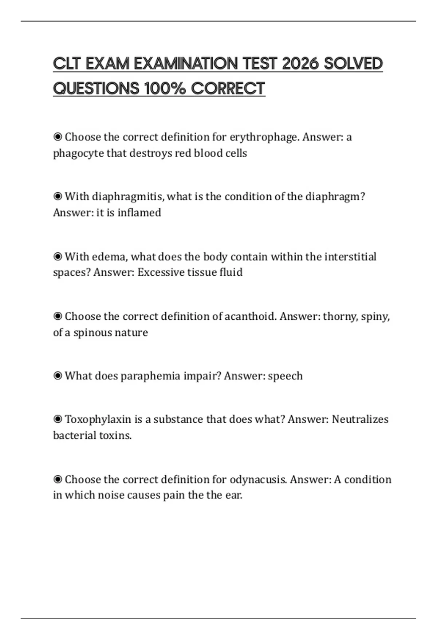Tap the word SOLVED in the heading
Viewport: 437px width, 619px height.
click(353, 64)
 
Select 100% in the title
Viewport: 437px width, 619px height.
click(165, 88)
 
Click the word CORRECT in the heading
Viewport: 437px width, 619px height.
click(228, 88)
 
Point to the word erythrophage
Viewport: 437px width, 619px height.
click(264, 137)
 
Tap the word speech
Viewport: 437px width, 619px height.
click(285, 376)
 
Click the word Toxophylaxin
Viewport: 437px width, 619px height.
click(98, 419)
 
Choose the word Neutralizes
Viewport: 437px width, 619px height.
click(360, 419)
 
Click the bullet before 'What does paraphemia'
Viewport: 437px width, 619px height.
click(58, 376)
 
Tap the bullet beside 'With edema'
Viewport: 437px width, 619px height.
click(58, 257)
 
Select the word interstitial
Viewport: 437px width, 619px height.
click(350, 257)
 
